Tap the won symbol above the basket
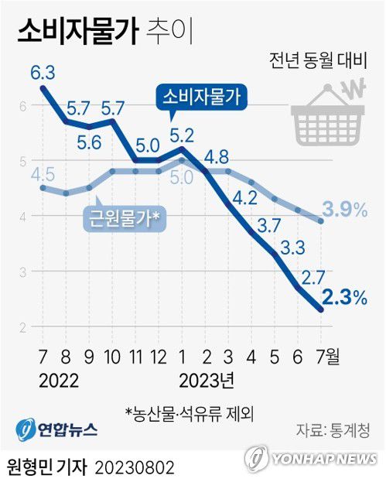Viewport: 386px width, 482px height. tap(354, 89)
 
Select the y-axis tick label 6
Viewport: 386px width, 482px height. tap(23, 106)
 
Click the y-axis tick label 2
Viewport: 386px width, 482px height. tap(23, 327)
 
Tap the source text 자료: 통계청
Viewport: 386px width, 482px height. tap(333, 429)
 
